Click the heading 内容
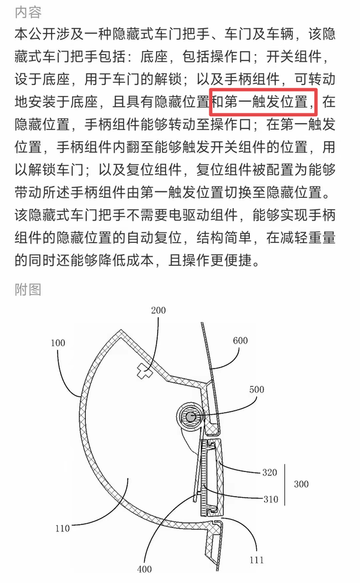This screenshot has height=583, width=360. [x=28, y=12]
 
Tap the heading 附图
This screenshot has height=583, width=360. [x=28, y=289]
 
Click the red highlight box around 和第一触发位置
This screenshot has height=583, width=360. [x=263, y=102]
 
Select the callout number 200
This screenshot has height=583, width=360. [x=158, y=310]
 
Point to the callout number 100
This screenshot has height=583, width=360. [x=58, y=343]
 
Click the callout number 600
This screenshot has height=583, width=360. [x=240, y=340]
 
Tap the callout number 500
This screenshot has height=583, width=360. [x=256, y=389]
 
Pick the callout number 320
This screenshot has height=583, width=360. [x=269, y=472]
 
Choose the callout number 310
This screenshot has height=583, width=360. [x=271, y=499]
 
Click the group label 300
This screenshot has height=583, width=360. [x=301, y=483]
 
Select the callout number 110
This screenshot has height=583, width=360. [x=62, y=528]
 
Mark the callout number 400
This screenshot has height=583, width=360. [x=144, y=569]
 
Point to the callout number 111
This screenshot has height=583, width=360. [x=256, y=560]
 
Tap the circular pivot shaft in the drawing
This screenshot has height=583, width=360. [x=190, y=417]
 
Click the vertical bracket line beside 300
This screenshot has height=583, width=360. [x=285, y=485]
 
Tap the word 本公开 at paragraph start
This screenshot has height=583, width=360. [x=35, y=34]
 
